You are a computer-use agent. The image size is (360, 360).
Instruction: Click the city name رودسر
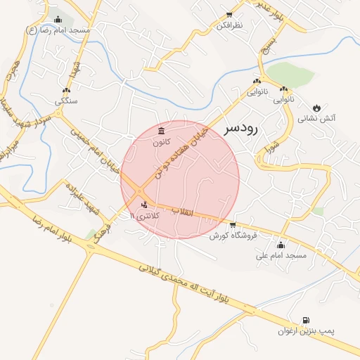click(241, 129)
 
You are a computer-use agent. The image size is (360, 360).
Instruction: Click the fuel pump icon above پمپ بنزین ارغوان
click(305, 319)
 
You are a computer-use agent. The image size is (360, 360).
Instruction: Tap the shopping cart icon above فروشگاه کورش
click(233, 224)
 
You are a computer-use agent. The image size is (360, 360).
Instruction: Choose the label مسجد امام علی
click(281, 255)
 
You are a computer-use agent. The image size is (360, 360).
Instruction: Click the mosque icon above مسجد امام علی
click(281, 245)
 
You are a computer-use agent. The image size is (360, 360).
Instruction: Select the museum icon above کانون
click(162, 131)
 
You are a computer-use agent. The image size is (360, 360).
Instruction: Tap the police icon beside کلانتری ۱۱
click(145, 205)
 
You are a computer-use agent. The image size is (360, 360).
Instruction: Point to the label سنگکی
click(67, 101)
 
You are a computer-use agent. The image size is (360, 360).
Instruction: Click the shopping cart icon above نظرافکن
click(229, 14)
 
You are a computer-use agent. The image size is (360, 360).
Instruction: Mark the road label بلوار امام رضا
click(49, 230)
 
